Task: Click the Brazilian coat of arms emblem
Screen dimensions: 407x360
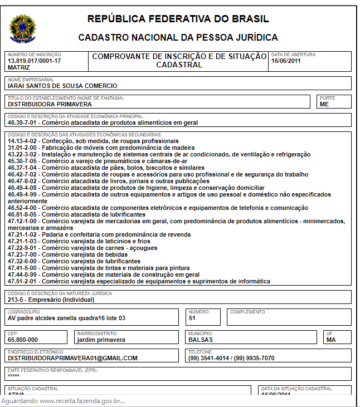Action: tap(22, 27)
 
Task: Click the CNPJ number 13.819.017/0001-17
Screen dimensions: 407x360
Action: tap(35, 61)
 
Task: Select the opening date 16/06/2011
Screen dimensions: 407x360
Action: tap(286, 61)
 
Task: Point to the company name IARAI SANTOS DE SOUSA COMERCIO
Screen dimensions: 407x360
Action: tap(62, 86)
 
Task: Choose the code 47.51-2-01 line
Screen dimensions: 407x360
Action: tap(139, 281)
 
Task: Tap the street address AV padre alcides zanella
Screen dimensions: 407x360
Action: tap(66, 318)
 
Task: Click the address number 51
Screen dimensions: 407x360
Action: tap(192, 318)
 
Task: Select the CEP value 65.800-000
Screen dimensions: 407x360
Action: tap(23, 339)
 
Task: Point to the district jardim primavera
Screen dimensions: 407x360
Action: tap(101, 339)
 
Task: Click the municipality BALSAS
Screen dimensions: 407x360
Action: tap(201, 339)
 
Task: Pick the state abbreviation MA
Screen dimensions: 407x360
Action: tap(331, 339)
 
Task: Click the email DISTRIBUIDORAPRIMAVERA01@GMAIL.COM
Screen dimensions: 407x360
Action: tap(72, 358)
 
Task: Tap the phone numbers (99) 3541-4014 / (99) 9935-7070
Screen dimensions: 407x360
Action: tap(231, 358)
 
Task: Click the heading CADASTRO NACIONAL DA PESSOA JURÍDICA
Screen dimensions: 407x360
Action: tap(178, 38)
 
